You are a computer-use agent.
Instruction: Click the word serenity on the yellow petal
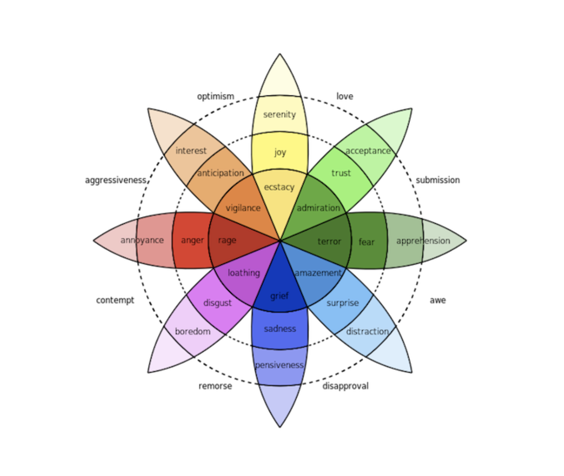click(x=279, y=115)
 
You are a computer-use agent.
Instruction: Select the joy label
click(x=280, y=152)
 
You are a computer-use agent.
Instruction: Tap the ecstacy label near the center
click(x=279, y=187)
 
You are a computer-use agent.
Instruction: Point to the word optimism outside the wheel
click(x=216, y=96)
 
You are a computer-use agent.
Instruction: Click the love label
click(x=344, y=96)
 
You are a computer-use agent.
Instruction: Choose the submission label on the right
click(x=437, y=180)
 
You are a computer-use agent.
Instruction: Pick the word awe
click(x=437, y=300)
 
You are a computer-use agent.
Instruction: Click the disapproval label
click(x=345, y=386)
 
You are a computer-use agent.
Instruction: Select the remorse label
click(x=215, y=386)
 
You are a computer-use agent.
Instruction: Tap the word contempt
click(x=115, y=300)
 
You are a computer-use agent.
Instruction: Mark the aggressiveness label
click(x=115, y=180)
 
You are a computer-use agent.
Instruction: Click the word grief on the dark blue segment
click(x=279, y=296)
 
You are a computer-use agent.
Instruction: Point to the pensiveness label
click(x=279, y=365)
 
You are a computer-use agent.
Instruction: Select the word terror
click(x=329, y=242)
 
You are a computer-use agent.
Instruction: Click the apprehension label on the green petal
click(x=423, y=241)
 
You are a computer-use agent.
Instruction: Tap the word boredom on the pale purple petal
click(x=192, y=332)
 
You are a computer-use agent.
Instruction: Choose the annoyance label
click(x=142, y=240)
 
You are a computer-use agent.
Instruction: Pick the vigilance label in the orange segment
click(x=243, y=208)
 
